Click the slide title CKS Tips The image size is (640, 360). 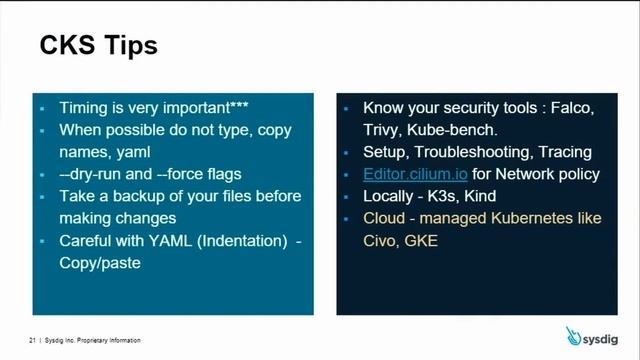click(x=98, y=46)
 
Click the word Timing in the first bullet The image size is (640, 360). click(x=84, y=108)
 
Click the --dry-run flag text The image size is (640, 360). click(x=92, y=174)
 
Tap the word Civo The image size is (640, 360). click(x=382, y=240)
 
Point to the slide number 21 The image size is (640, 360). click(x=32, y=341)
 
